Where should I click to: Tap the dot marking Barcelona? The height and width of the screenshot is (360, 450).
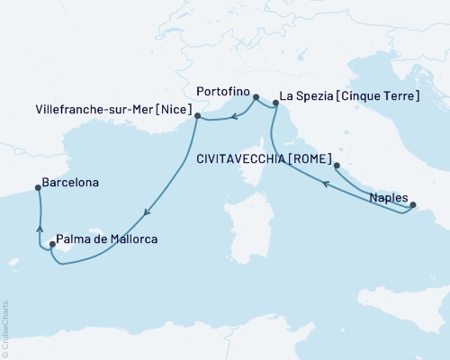click(38, 188)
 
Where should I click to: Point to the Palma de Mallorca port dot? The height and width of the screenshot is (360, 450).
click(52, 244)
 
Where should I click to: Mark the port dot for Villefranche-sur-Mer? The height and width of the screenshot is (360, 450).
click(197, 115)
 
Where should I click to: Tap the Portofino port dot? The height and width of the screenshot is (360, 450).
click(256, 97)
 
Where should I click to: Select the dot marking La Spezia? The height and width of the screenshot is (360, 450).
click(275, 104)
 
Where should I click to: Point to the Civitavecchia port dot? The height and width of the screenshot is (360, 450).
click(337, 166)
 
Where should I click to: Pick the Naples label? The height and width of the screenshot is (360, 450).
click(389, 197)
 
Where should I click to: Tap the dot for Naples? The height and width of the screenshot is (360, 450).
click(413, 206)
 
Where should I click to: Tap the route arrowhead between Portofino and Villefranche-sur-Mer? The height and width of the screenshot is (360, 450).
click(231, 114)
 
